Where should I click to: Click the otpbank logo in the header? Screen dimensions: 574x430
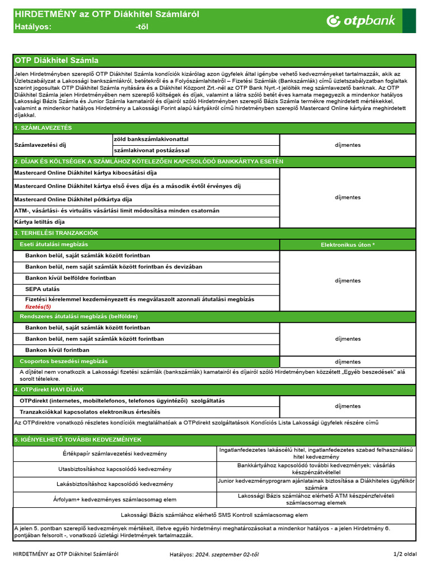361,21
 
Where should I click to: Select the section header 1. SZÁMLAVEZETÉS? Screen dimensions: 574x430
43,128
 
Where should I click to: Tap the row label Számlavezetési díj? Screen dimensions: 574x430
40,145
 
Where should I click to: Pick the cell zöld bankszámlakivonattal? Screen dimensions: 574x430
151,138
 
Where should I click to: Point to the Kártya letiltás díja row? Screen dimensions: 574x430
39,222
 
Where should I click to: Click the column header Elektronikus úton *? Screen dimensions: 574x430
348,245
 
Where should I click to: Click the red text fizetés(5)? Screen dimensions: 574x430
38,307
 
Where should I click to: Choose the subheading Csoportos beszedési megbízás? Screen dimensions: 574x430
64,362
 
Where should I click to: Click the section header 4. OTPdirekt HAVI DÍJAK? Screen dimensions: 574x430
49,389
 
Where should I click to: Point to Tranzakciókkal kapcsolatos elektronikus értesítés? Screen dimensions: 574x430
90,411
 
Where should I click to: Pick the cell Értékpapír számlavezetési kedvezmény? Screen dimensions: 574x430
115,453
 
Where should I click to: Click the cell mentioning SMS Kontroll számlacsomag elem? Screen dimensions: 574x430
214,515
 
